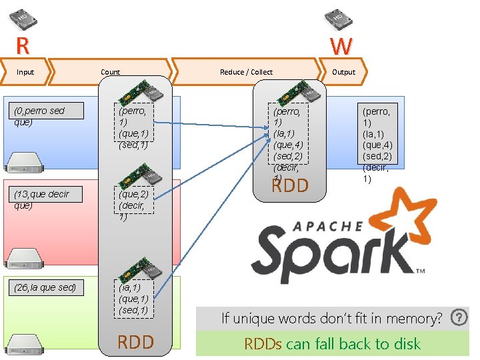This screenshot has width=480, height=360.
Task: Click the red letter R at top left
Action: tap(22, 47)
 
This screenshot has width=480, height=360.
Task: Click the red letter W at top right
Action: tap(341, 47)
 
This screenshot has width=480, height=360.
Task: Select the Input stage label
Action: tap(25, 72)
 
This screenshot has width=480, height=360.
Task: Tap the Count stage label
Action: tap(111, 72)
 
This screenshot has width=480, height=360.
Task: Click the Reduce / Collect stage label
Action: tap(246, 72)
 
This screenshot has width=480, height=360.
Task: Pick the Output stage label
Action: tap(343, 72)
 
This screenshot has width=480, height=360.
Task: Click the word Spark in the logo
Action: tap(333, 250)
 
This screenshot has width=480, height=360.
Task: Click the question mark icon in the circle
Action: tap(459, 317)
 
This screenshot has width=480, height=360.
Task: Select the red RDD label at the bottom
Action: tap(135, 343)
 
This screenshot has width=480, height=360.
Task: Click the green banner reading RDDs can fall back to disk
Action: tap(332, 344)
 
